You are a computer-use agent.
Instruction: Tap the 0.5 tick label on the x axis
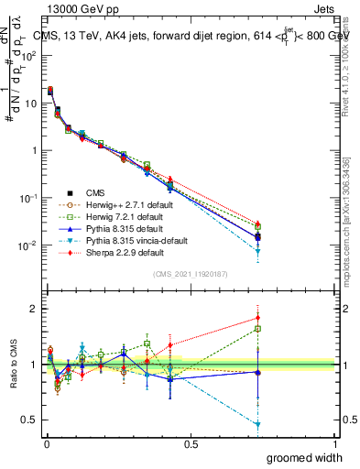pos(191,443)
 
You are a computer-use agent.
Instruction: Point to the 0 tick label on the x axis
pos(46,443)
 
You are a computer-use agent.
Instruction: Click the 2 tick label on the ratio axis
pos(35,309)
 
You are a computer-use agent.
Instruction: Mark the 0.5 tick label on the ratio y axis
pos(31,420)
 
